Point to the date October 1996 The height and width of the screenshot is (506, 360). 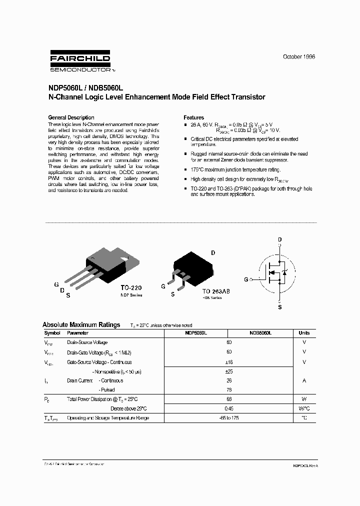pos(299,57)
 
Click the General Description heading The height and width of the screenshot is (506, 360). pos(71,117)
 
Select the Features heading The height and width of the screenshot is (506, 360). pos(194,117)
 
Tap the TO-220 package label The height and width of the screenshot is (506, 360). pos(131,288)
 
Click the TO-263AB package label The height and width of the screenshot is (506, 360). pos(216,291)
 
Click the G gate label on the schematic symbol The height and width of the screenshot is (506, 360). pos(246,279)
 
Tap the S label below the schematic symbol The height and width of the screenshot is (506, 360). pos(279,307)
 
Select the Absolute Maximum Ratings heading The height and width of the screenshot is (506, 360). pos(81,324)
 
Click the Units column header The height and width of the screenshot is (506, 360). pos(304,333)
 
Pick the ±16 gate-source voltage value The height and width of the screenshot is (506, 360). pos(229,362)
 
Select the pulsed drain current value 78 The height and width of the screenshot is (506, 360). pos(229,389)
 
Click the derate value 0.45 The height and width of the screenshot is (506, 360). pos(229,408)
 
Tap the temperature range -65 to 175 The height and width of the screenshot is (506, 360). pos(229,417)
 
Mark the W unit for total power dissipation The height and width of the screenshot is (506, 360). pos(304,399)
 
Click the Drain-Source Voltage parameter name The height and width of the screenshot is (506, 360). pos(87,342)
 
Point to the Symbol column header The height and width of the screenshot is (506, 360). pos(52,333)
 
